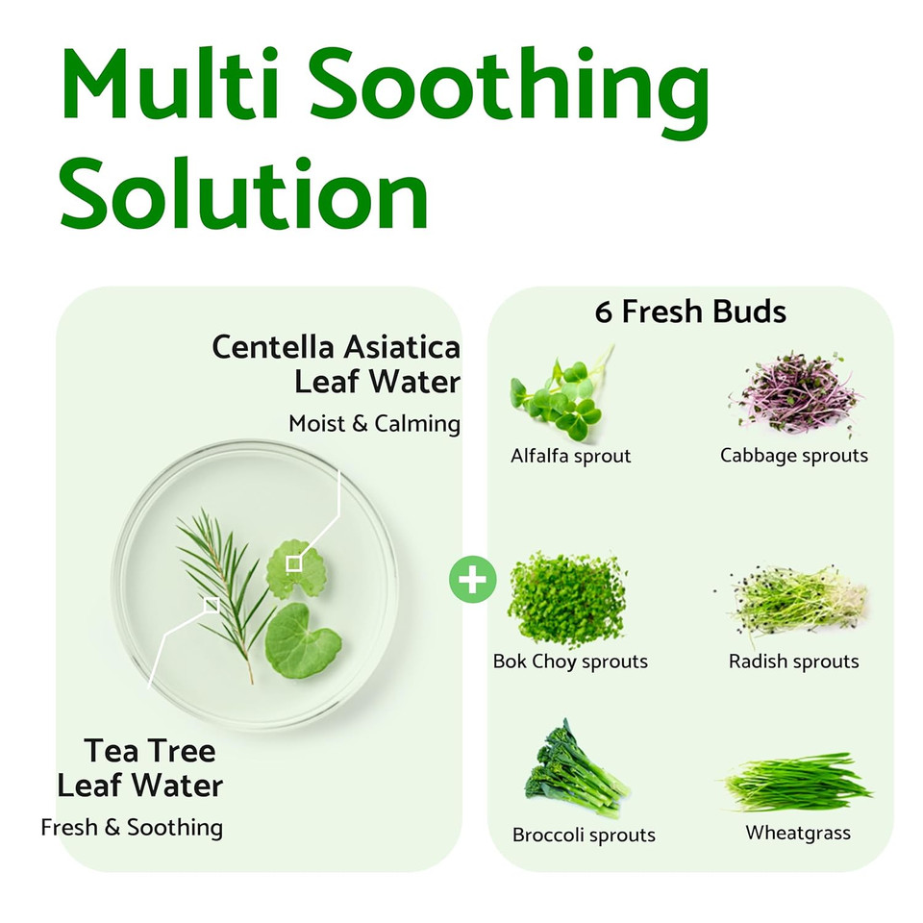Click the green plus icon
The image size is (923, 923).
(473, 581)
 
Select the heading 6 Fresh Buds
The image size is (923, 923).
(690, 312)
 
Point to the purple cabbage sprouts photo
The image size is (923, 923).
(793, 394)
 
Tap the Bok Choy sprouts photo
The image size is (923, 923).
(567, 599)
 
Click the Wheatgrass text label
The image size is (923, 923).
(798, 833)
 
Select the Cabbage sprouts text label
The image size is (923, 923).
(794, 455)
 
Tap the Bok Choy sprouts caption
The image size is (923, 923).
(570, 661)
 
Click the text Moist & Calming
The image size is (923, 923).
(374, 423)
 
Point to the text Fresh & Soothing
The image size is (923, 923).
(132, 827)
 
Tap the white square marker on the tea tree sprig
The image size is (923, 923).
(212, 604)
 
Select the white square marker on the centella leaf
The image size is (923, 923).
(294, 563)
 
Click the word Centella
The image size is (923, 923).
(268, 346)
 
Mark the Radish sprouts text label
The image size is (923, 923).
(793, 661)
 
